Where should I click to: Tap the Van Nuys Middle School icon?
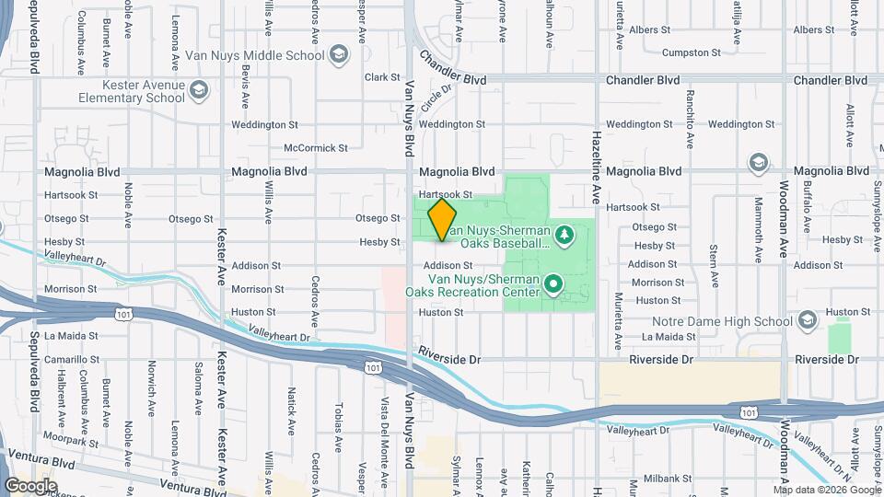[x=339, y=54]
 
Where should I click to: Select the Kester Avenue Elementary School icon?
[x=201, y=90]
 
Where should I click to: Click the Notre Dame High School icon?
[x=808, y=320]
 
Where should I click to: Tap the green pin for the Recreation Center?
[x=552, y=283]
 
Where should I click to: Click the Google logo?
[x=30, y=485]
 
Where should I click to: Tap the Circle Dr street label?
[x=437, y=101]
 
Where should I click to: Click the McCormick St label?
[x=316, y=147]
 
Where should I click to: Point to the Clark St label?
[x=383, y=78]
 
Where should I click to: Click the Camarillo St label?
[x=69, y=360]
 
